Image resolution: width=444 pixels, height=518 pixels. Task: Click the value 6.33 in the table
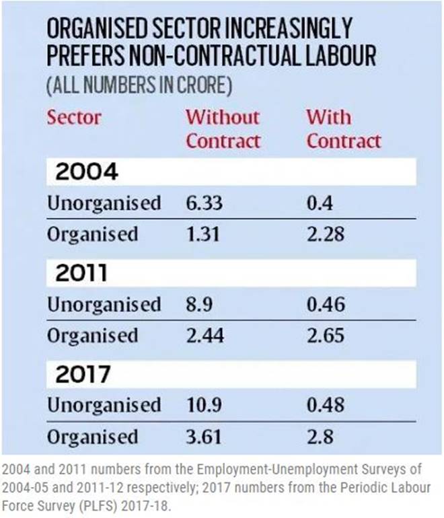point(205,203)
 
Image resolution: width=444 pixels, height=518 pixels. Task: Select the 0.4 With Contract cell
point(320,203)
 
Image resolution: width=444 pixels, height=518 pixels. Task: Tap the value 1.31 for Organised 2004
point(203,234)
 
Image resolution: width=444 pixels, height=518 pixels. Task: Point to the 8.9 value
point(200,304)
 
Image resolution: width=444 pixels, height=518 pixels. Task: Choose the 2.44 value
point(205,335)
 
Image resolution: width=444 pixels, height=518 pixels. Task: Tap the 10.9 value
point(205,405)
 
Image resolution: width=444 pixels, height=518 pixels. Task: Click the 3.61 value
point(204,436)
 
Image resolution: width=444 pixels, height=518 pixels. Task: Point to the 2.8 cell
point(320,436)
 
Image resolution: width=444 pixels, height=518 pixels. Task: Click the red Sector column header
point(74,117)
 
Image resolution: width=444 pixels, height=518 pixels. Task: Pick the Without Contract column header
point(223,128)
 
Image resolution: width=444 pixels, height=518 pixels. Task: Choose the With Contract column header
point(344,128)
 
